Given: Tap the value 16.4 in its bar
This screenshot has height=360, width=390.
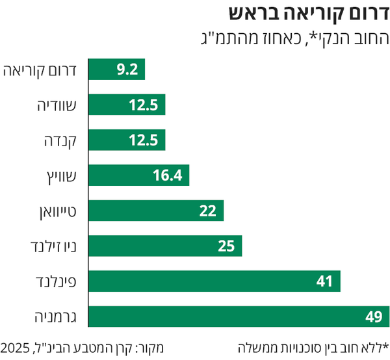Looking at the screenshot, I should [x=174, y=175].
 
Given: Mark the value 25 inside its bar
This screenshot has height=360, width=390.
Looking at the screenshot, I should [x=227, y=246].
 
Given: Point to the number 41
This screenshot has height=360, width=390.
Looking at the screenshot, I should [x=325, y=281].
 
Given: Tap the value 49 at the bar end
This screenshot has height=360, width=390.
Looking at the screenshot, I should [x=372, y=316].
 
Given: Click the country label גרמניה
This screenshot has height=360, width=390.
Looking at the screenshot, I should [x=52, y=316].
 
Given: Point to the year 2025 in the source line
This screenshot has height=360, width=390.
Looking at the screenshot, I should [x=15, y=348].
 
